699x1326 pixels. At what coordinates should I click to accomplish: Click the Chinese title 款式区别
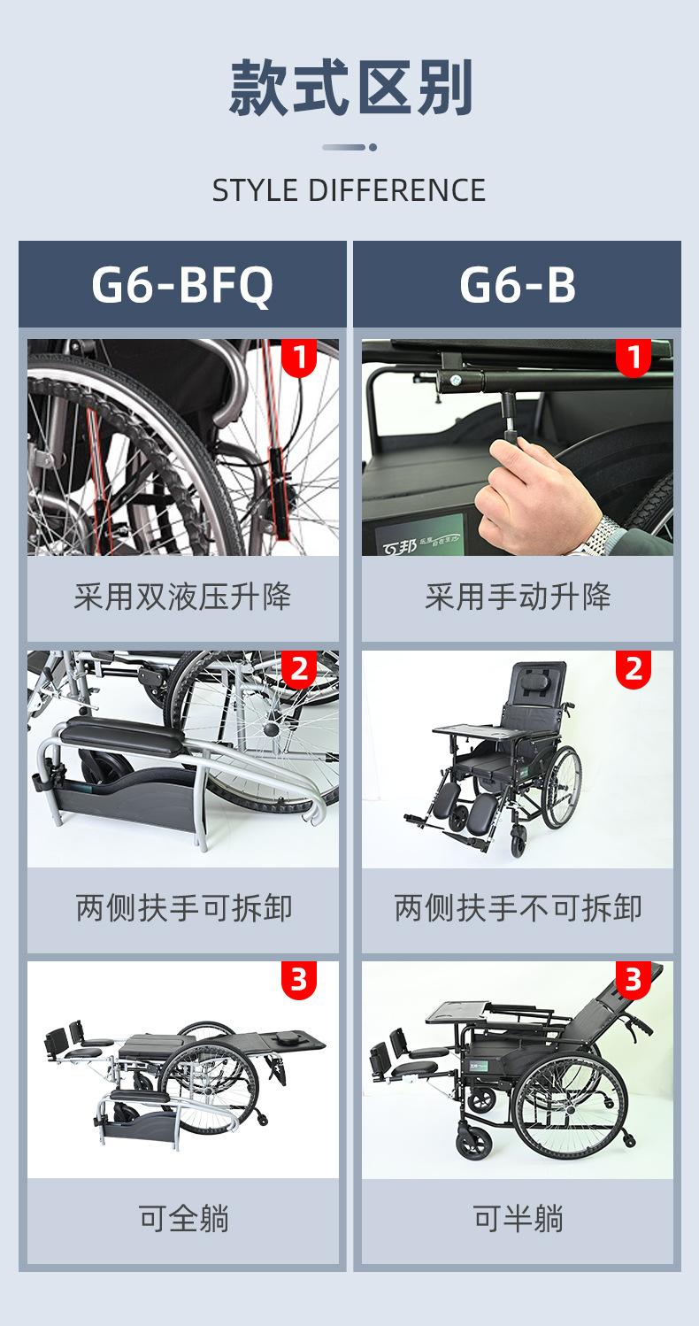(350, 89)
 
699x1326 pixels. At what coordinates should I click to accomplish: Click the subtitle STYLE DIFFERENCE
(349, 190)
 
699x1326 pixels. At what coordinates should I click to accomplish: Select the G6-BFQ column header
(182, 285)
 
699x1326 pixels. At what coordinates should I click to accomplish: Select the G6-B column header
(518, 285)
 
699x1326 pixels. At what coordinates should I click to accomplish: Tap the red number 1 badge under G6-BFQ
(299, 358)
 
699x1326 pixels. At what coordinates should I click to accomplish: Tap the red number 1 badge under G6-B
(634, 358)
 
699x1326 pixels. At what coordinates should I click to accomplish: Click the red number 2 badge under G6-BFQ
(299, 669)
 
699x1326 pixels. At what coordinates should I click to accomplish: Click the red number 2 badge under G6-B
(634, 669)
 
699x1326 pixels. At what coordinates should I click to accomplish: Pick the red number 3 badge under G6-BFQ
(299, 980)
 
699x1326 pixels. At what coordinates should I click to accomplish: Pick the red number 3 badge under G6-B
(634, 980)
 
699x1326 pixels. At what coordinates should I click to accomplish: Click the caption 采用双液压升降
(182, 597)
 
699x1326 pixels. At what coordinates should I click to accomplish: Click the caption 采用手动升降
(518, 597)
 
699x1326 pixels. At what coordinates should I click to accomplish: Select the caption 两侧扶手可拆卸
(182, 909)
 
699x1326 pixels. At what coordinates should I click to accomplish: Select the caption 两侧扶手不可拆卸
(518, 909)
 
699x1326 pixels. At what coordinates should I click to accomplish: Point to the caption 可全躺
(182, 1220)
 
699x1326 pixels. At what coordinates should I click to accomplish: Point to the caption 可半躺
(518, 1220)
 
